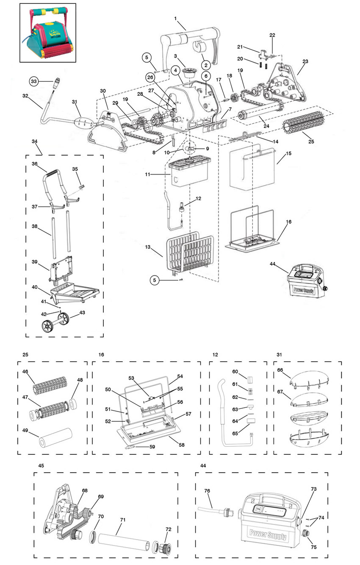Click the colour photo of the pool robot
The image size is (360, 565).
click(x=48, y=33)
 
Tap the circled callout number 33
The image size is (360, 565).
click(x=34, y=81)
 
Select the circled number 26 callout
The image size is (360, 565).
click(x=150, y=78)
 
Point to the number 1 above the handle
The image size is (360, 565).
click(x=175, y=18)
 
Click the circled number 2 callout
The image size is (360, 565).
click(x=206, y=65)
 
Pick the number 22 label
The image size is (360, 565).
click(x=272, y=35)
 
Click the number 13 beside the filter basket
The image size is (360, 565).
click(x=148, y=247)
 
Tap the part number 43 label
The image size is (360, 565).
click(x=82, y=312)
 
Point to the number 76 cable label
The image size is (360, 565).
click(x=207, y=490)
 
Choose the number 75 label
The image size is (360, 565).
click(x=313, y=547)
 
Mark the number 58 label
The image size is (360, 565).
click(x=182, y=445)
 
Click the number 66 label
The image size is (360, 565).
click(x=280, y=370)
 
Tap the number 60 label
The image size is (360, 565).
click(x=235, y=372)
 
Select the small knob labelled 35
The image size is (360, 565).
click(x=81, y=187)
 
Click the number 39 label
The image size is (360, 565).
click(x=35, y=262)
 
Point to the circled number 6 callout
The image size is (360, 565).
click(x=206, y=76)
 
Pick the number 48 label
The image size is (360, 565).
click(x=80, y=380)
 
